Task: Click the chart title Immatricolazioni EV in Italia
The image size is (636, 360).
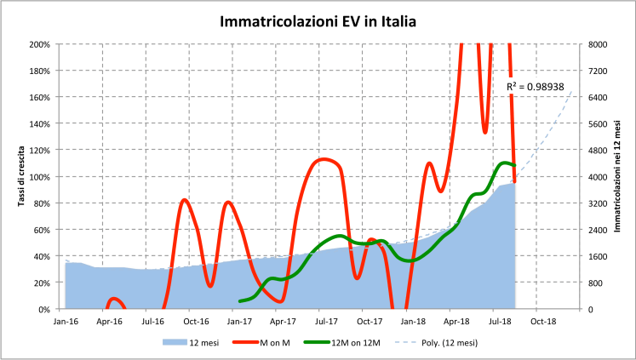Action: [x=318, y=20]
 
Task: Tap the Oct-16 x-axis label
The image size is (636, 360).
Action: [x=196, y=322]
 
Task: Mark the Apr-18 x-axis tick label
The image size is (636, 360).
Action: [x=457, y=322]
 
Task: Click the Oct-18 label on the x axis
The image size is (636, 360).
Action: [x=544, y=322]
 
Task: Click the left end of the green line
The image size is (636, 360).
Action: [x=241, y=300]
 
